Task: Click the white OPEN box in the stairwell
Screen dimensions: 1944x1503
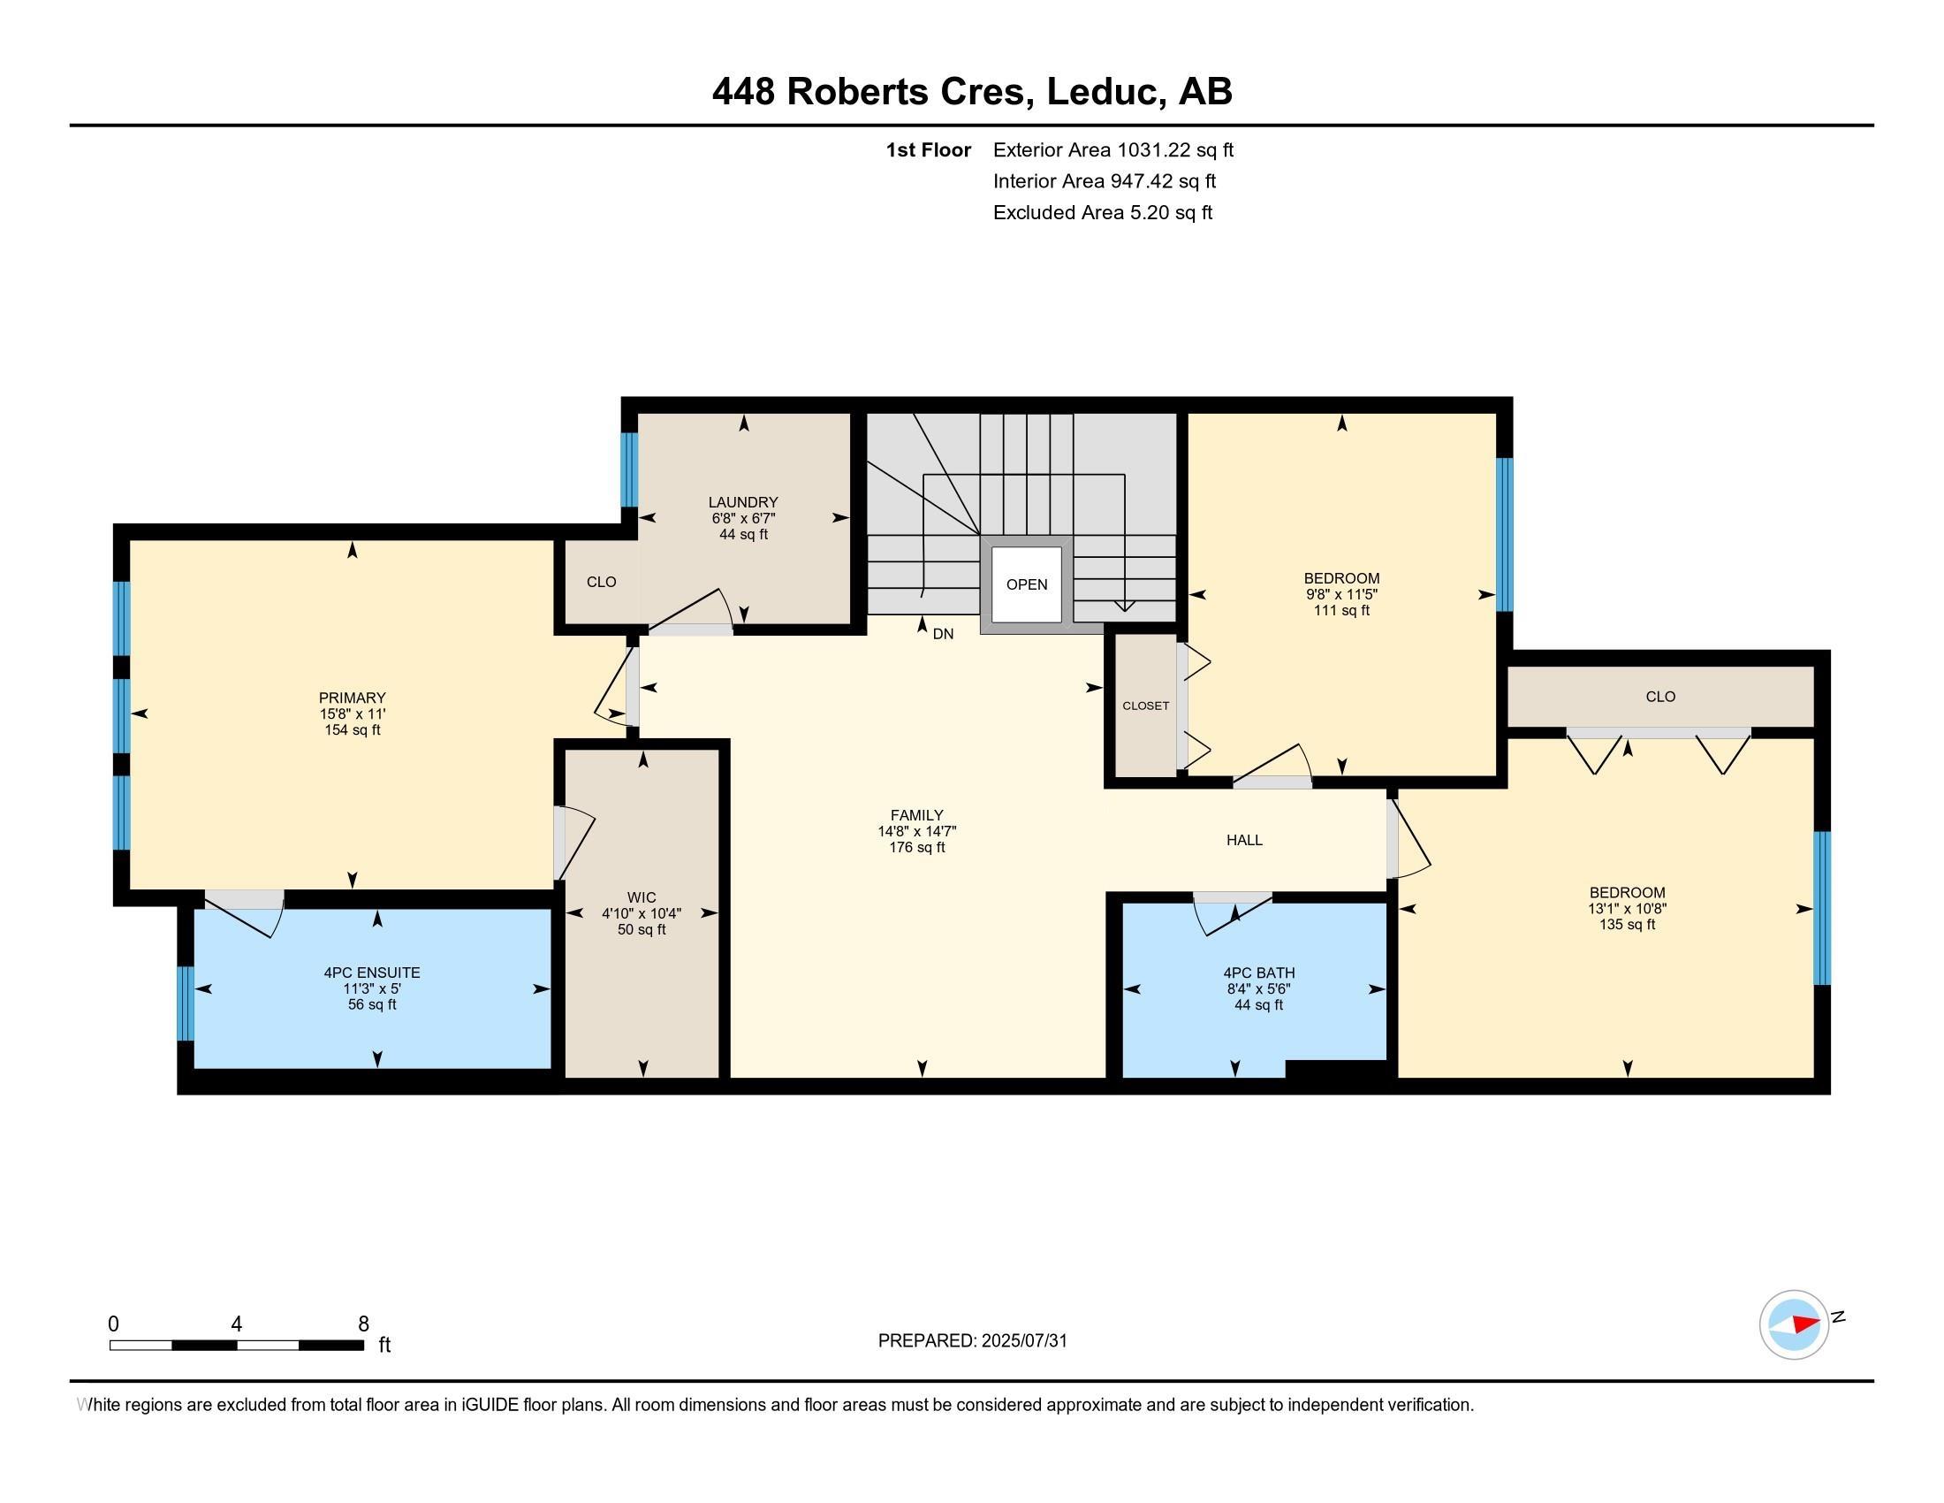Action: [1026, 584]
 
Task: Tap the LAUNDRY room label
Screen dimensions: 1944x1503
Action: [743, 502]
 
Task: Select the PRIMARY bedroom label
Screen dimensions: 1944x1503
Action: [353, 698]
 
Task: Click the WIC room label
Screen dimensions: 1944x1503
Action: [642, 897]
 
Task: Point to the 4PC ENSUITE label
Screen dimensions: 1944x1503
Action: [372, 973]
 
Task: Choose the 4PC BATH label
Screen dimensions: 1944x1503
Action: [1258, 973]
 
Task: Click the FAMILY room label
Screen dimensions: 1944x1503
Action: [917, 815]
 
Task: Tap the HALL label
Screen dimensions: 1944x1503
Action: [1244, 840]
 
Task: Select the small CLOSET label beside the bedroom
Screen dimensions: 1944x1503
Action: [1145, 706]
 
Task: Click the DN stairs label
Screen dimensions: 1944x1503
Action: [943, 634]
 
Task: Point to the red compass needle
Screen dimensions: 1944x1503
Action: [1805, 1324]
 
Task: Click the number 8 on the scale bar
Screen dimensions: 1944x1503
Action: [363, 1324]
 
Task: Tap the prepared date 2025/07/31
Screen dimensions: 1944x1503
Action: [1023, 1341]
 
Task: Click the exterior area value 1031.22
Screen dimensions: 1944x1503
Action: [1153, 149]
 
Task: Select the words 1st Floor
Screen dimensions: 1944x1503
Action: [929, 149]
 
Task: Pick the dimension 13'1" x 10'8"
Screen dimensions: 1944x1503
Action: [1627, 909]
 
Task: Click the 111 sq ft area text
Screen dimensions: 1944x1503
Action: [1341, 611]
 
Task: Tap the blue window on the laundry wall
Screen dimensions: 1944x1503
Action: [629, 469]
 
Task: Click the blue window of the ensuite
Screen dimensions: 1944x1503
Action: [186, 1003]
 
